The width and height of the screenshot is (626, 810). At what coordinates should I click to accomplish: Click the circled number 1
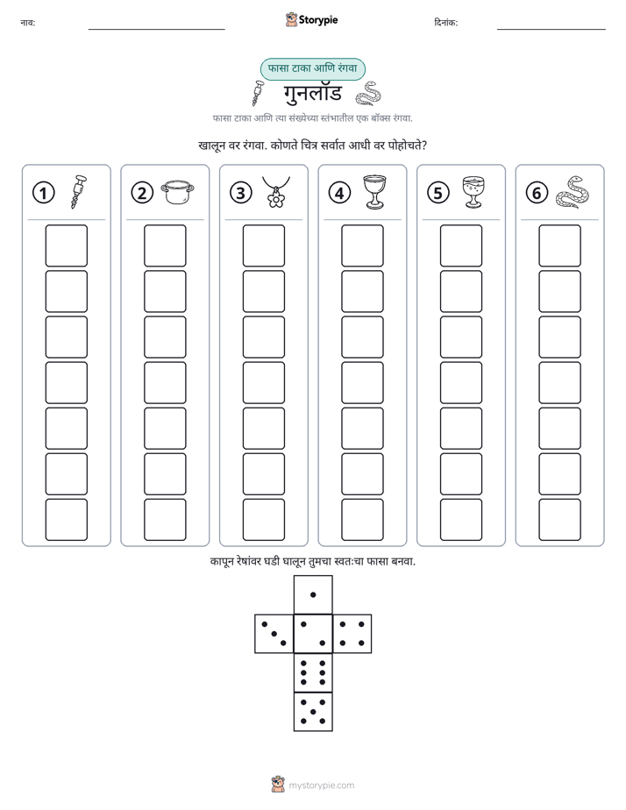43,193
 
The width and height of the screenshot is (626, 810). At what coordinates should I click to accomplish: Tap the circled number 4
339,193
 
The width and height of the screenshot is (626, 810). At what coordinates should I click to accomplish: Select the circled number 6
537,193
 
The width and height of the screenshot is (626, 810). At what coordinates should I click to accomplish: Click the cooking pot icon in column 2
177,193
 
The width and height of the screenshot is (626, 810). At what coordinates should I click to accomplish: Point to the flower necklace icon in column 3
276,192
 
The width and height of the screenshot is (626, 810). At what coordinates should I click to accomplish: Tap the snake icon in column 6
573,192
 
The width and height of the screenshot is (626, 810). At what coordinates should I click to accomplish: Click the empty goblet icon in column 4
375,192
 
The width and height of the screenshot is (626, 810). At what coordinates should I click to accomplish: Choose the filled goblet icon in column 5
473,192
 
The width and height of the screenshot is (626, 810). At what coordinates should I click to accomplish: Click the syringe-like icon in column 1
78,192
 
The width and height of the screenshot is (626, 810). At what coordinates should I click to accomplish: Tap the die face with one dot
313,594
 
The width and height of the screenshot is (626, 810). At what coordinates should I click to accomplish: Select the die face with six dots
313,672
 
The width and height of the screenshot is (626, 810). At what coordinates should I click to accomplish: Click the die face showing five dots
313,712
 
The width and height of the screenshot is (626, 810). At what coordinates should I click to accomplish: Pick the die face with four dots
352,634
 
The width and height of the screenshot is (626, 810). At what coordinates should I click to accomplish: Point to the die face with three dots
274,634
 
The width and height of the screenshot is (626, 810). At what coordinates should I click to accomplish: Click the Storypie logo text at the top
318,20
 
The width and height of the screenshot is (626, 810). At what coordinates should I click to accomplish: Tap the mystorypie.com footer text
321,785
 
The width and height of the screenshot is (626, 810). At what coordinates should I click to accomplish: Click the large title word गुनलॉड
313,94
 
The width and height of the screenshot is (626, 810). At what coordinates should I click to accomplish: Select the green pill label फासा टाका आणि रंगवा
312,68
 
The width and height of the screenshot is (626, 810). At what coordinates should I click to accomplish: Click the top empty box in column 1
66,245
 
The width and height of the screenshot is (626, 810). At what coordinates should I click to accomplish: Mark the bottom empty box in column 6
559,520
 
